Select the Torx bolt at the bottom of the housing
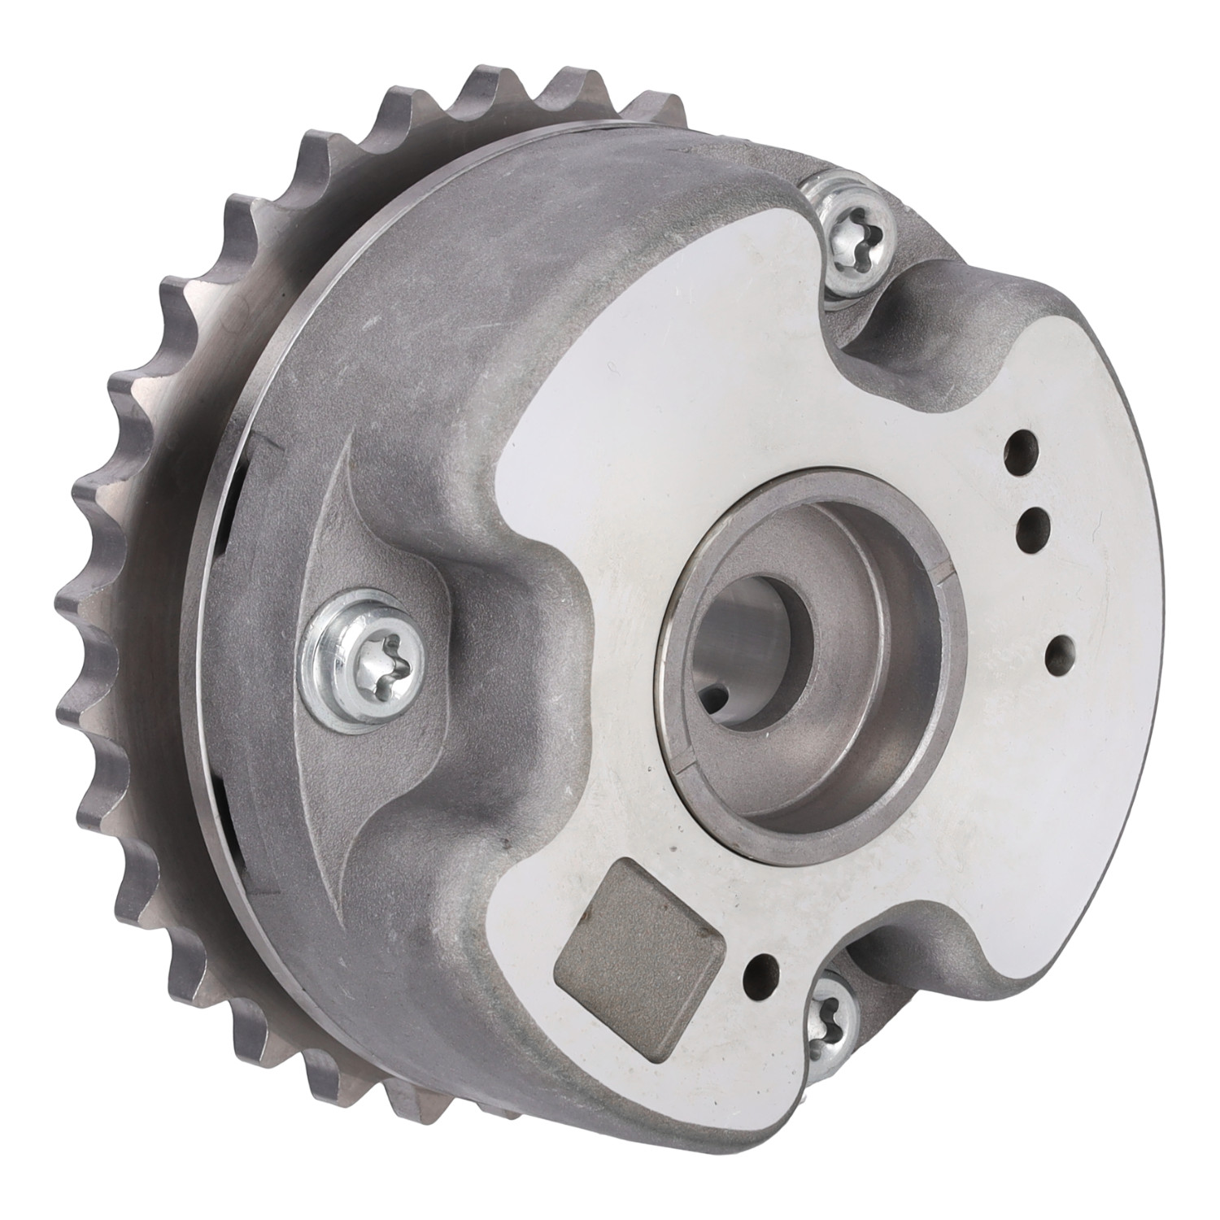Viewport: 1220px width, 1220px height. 829,1009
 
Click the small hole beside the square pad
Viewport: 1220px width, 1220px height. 762,970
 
